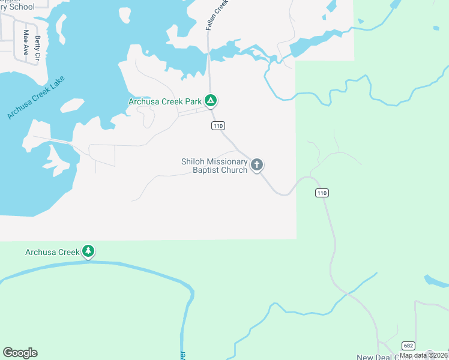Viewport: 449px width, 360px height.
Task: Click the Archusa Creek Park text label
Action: (165, 101)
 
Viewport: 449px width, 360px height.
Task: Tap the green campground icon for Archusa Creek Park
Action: (210, 101)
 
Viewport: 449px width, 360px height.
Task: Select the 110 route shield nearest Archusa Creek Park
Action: (218, 125)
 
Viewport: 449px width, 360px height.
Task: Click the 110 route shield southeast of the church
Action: (322, 193)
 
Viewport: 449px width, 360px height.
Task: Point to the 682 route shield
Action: (409, 346)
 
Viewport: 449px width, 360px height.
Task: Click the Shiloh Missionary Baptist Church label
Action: (214, 166)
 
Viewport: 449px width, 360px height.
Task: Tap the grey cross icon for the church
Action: (257, 165)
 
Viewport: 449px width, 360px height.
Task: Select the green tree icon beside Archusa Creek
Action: (88, 251)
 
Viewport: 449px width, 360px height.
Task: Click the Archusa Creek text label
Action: (52, 252)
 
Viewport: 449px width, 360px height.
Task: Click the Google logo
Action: (20, 353)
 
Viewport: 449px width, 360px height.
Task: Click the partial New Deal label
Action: (374, 357)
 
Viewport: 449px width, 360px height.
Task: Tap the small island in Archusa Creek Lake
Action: (72, 105)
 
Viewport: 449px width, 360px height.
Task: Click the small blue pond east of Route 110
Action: (435, 281)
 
